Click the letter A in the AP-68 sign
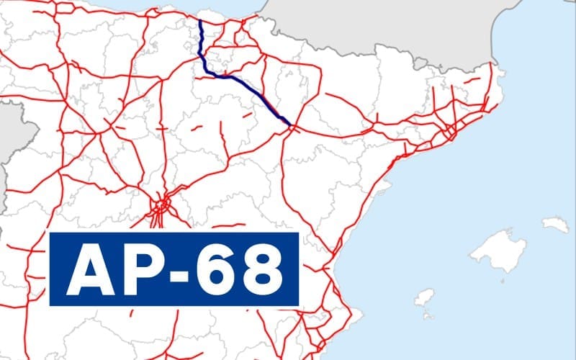click(91, 269)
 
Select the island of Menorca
click(555, 225)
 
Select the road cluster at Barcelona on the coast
click(449, 132)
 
